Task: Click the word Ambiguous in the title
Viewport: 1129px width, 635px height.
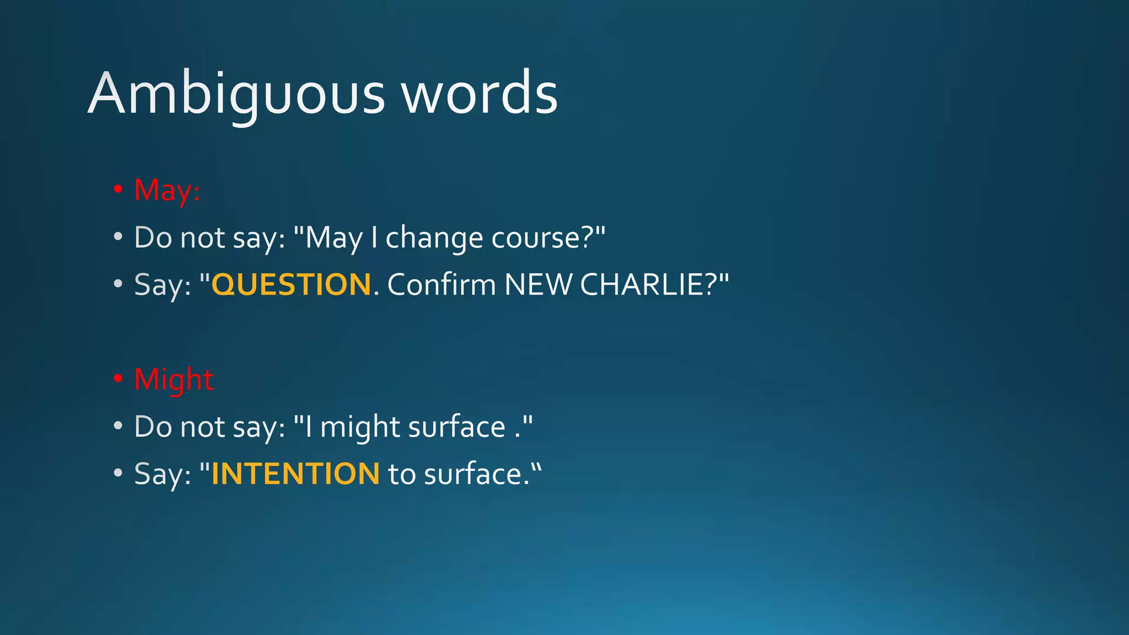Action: [236, 94]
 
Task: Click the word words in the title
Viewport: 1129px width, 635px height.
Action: [479, 94]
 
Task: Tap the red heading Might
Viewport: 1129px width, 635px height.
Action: [174, 379]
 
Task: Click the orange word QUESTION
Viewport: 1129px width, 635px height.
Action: [291, 284]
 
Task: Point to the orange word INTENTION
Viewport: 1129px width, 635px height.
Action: [295, 474]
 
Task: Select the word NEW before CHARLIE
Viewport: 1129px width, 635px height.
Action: [539, 284]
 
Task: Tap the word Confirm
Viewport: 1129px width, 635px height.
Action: [442, 284]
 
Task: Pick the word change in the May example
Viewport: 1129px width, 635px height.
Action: [434, 238]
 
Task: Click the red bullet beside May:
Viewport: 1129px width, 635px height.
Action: [117, 189]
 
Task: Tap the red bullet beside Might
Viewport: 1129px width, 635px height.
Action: [117, 379]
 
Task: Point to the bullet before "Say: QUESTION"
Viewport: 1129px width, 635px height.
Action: [117, 284]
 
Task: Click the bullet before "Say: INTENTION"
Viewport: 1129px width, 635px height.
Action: [117, 473]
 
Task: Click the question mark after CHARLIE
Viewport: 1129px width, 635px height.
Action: [711, 284]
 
